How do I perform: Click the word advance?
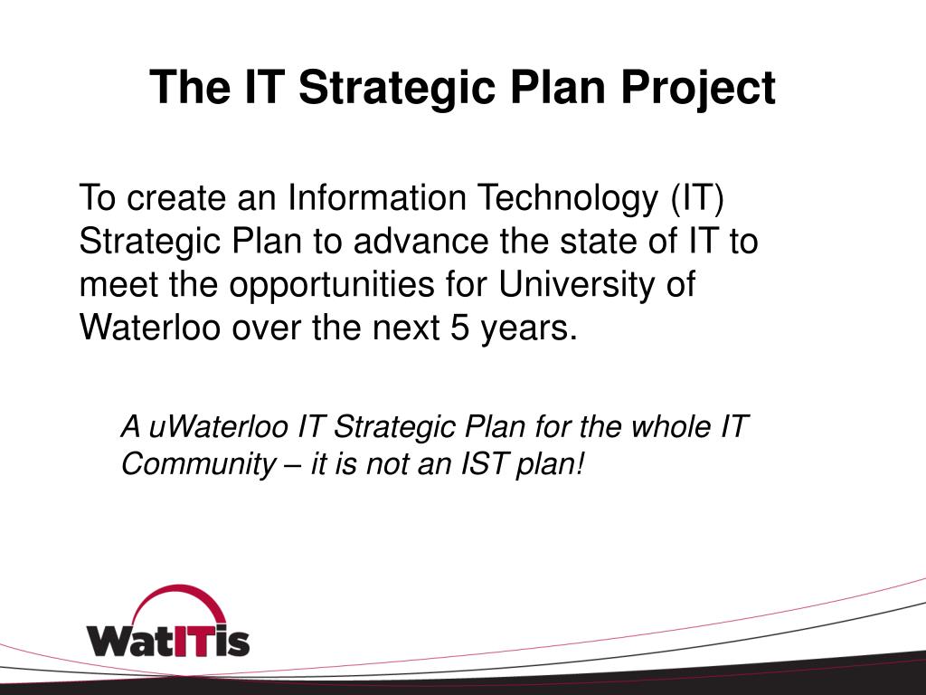pyautogui.click(x=420, y=242)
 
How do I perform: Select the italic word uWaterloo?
pyautogui.click(x=218, y=426)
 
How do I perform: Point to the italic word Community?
pyautogui.click(x=198, y=465)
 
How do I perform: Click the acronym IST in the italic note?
pyautogui.click(x=484, y=463)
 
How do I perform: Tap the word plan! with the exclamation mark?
pyautogui.click(x=550, y=465)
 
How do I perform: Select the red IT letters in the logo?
pyautogui.click(x=188, y=641)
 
